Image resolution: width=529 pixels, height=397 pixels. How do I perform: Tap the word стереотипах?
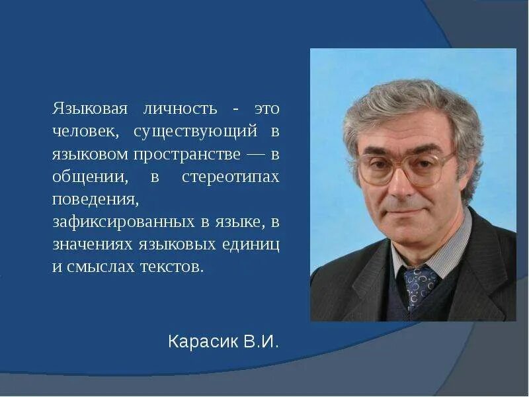coord(229,177)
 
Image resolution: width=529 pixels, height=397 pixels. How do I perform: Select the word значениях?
coord(92,245)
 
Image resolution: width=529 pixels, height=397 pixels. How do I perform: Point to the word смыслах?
coord(101,267)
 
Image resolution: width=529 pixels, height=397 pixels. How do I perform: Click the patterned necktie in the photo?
coord(419,285)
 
